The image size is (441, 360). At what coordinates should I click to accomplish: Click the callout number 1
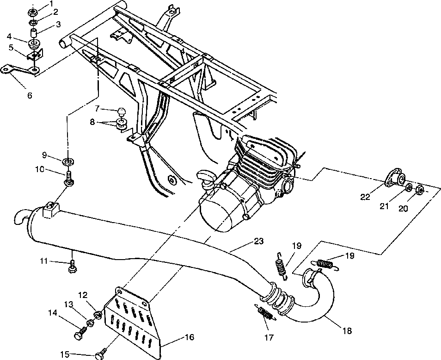pos(51,3)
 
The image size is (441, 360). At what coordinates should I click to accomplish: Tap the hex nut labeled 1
pos(32,12)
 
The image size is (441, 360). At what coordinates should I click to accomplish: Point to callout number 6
pos(30,95)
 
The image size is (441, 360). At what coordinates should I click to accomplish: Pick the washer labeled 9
pos(68,161)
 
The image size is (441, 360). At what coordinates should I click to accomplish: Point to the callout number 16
pos(190,337)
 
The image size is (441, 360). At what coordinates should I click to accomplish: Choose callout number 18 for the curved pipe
pos(348,331)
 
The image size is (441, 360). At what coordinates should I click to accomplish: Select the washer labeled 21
pos(410,187)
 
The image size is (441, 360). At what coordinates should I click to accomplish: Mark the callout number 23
pos(259,241)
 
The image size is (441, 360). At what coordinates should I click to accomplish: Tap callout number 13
pos(68,304)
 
